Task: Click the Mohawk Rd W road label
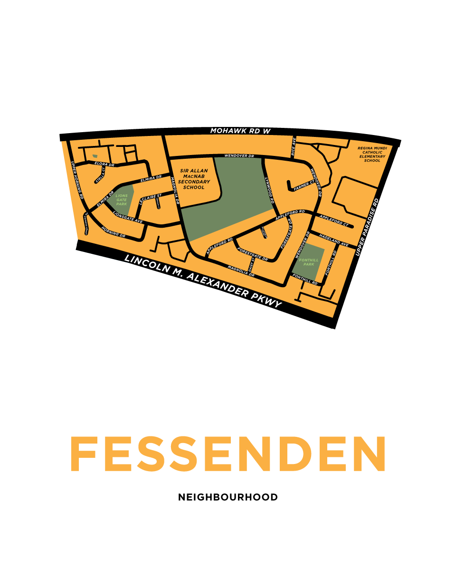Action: pyautogui.click(x=240, y=131)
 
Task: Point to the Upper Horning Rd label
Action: pyautogui.click(x=77, y=180)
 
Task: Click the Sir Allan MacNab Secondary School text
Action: pyautogui.click(x=194, y=179)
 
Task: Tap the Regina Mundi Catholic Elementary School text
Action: pyautogui.click(x=372, y=155)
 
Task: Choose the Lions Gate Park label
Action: pyautogui.click(x=121, y=200)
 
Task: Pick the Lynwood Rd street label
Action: pyautogui.click(x=269, y=190)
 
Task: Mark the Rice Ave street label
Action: pyautogui.click(x=294, y=147)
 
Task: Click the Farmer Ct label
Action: pyautogui.click(x=304, y=186)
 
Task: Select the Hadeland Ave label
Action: pyautogui.click(x=334, y=240)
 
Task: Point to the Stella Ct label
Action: pyautogui.click(x=101, y=175)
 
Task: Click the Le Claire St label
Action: pyautogui.click(x=150, y=200)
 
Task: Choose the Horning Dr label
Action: pyautogui.click(x=113, y=232)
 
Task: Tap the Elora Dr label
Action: pyautogui.click(x=104, y=164)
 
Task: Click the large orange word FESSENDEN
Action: pyautogui.click(x=228, y=454)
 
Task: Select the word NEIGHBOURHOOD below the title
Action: pyautogui.click(x=228, y=497)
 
